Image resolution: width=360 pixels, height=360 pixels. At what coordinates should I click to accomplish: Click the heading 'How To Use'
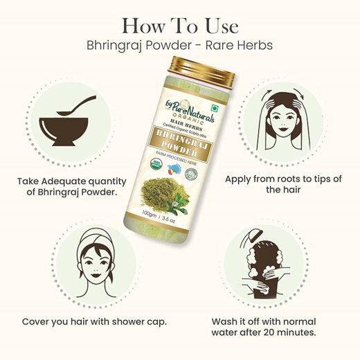point(180,26)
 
